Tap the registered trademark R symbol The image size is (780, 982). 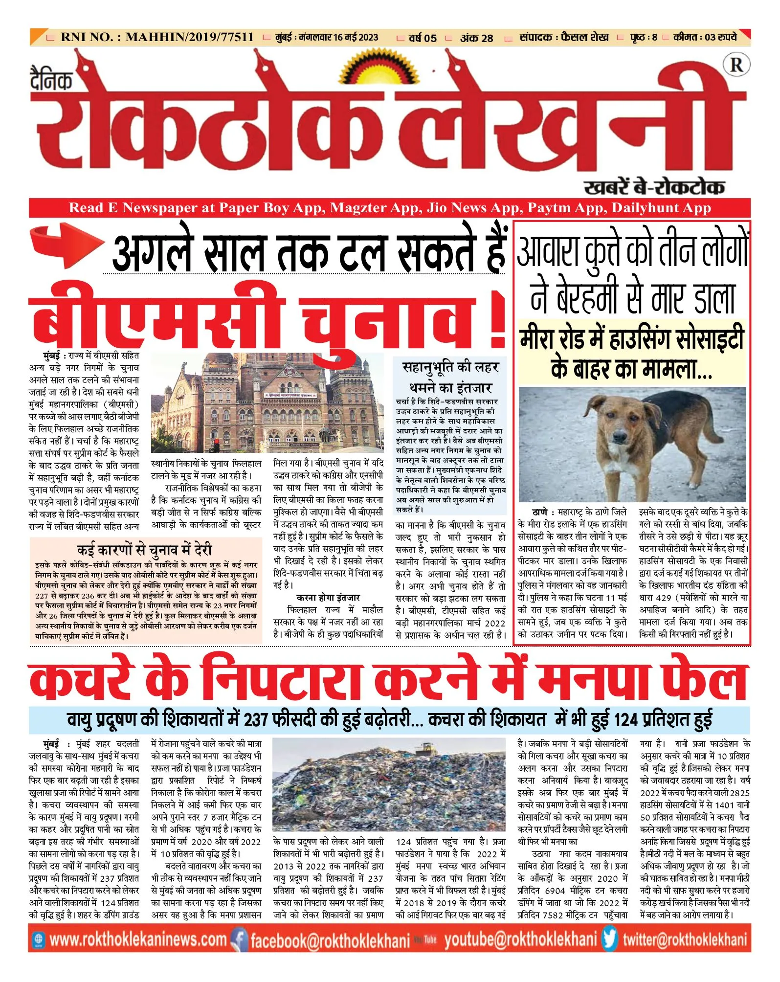[736, 65]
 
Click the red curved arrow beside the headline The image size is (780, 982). [66, 245]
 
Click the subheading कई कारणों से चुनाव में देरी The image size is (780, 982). [145, 550]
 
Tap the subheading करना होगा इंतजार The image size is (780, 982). [328, 597]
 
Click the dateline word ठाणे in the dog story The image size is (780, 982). [540, 512]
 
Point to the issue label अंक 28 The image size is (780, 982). [476, 38]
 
